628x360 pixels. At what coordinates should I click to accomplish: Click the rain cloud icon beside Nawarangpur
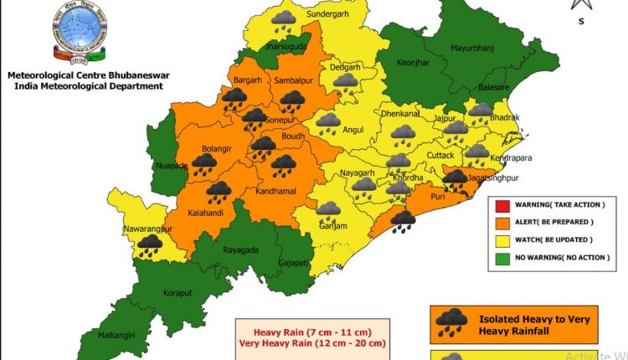[150, 244]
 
